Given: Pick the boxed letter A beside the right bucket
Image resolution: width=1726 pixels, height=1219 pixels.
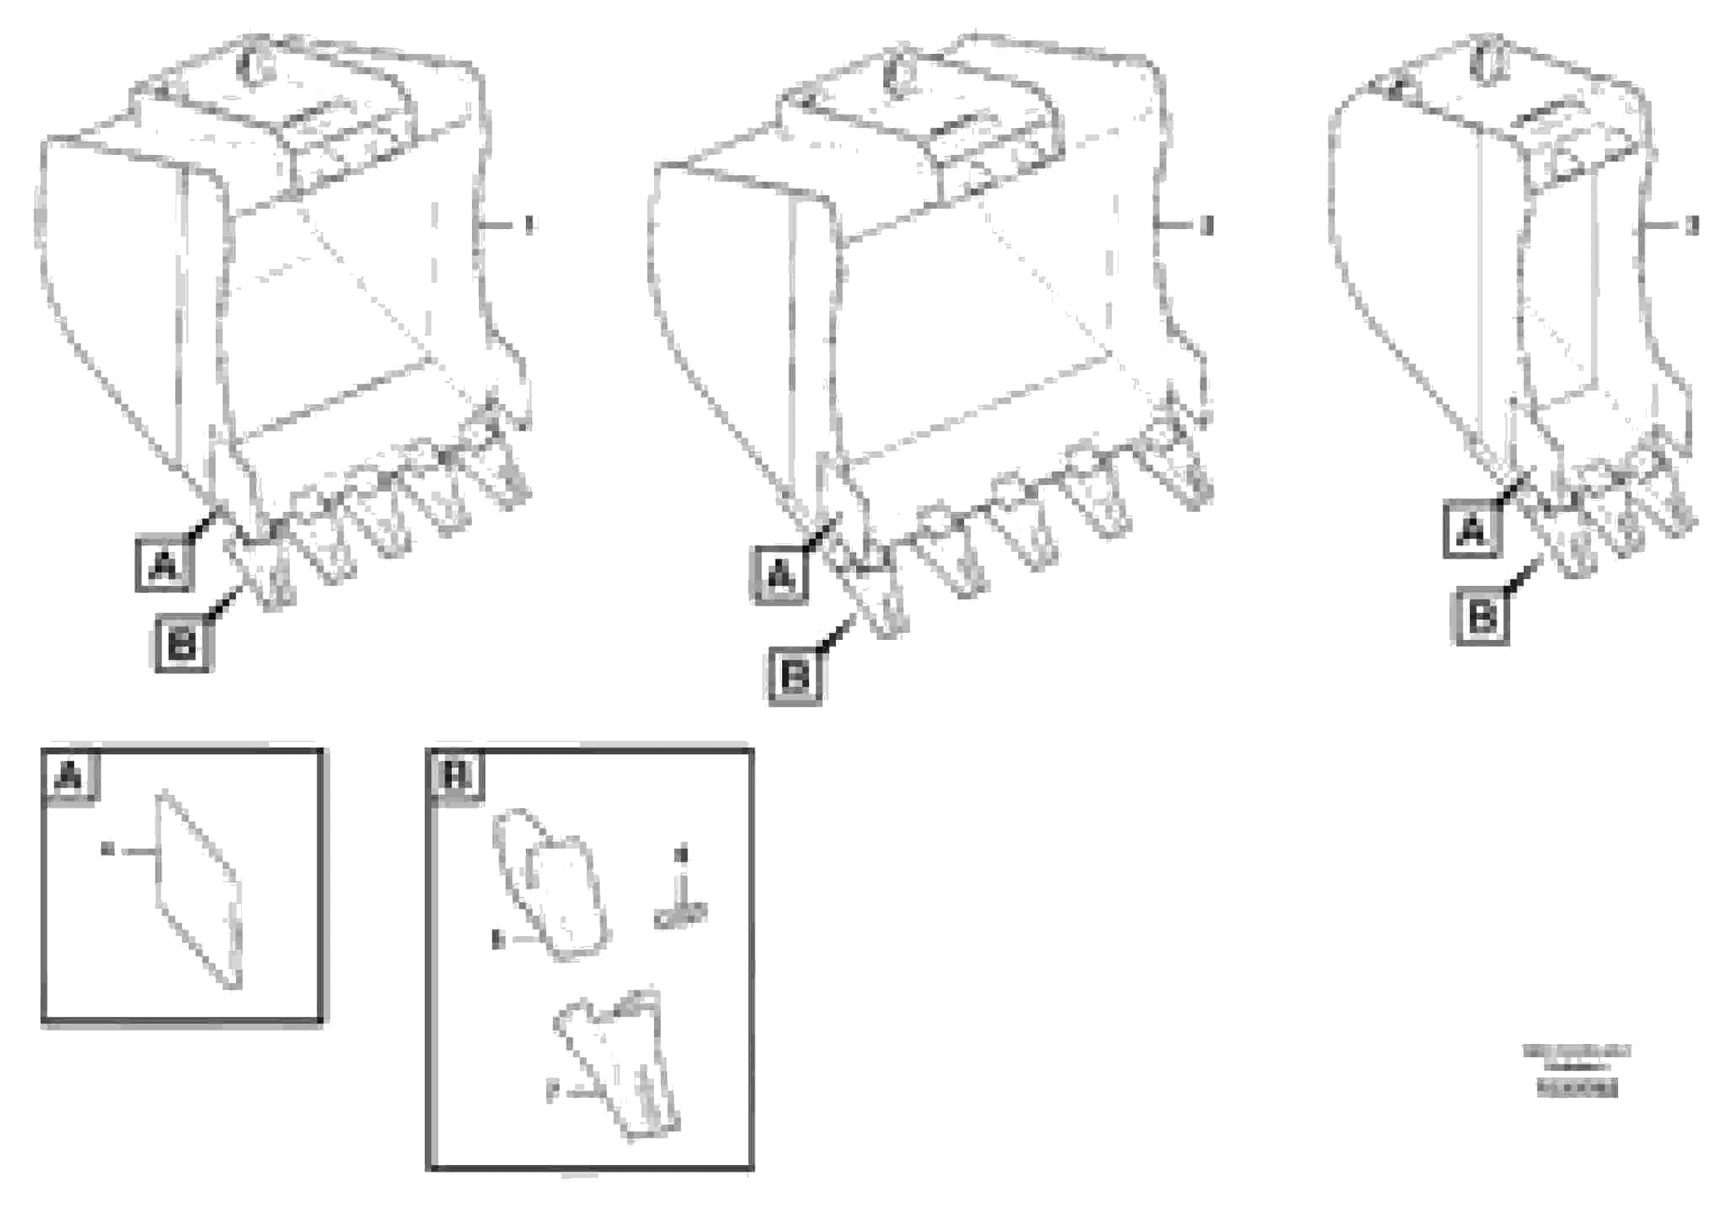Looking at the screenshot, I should (x=1472, y=530).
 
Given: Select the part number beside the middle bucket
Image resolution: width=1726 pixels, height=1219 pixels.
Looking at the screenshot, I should (x=1207, y=225).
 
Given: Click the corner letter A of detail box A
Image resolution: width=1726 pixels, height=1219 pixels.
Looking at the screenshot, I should (x=69, y=776).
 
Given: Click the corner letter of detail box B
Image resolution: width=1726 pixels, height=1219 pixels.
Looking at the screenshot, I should (x=456, y=776).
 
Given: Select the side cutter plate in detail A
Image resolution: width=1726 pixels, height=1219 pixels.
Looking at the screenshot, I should (x=199, y=890).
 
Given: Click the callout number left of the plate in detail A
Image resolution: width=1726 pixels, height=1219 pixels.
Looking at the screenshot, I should (x=107, y=850).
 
